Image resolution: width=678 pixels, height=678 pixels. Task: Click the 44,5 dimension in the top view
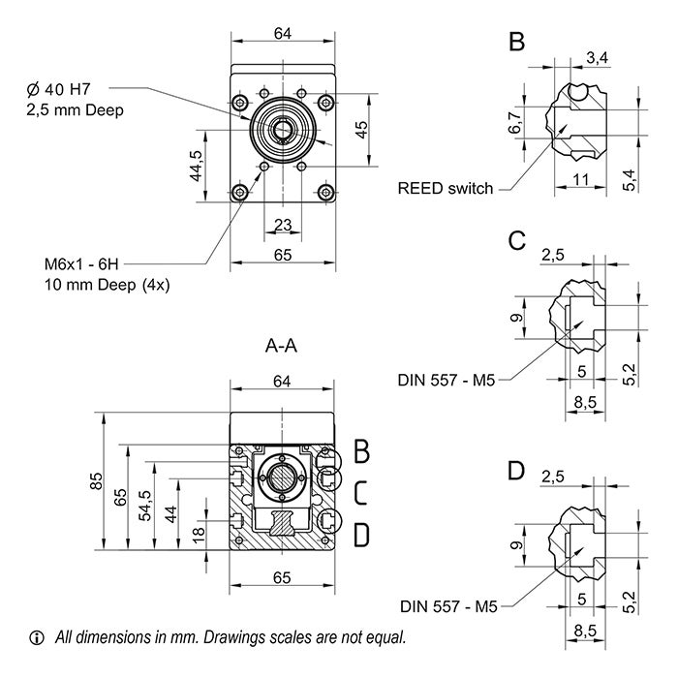coord(196,166)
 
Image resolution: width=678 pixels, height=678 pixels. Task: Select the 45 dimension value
coord(362,131)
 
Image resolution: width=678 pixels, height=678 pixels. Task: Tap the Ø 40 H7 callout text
coord(65,89)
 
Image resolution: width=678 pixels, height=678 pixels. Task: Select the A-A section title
coord(282,344)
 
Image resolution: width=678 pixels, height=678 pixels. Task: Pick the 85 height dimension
coord(95,480)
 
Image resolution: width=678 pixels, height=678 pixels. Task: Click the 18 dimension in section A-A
coord(200,534)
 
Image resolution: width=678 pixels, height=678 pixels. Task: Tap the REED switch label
coord(445,188)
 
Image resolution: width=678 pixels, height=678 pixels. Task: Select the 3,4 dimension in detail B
coord(598,59)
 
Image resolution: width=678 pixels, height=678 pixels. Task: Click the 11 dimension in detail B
coord(579,180)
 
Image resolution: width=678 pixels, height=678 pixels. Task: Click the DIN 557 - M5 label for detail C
coord(446,381)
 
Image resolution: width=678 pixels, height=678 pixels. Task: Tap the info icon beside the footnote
coord(38,637)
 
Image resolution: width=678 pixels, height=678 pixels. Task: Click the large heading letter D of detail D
coord(516,472)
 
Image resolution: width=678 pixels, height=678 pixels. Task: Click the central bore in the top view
coord(283,130)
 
